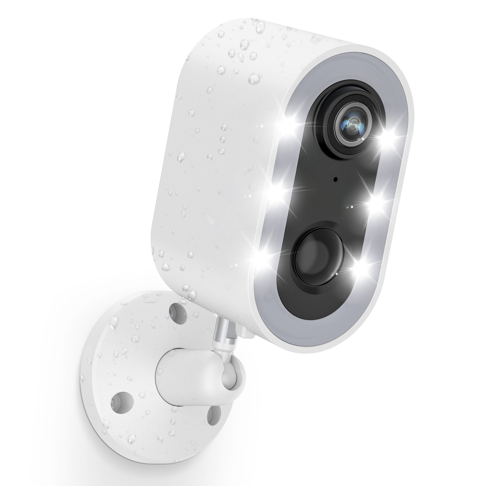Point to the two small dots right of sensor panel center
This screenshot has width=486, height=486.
(x=350, y=207)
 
